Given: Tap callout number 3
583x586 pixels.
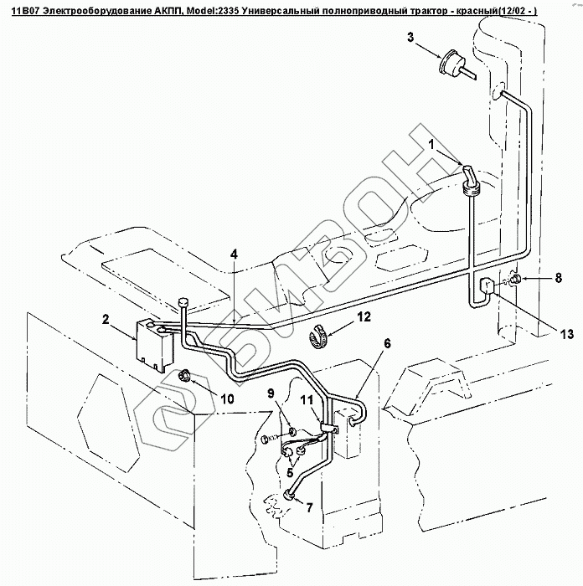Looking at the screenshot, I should (410, 38).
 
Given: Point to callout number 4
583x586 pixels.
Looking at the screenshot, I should (235, 253).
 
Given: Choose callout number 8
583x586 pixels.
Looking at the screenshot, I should (557, 276).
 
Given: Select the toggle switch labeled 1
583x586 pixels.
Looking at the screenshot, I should (471, 178).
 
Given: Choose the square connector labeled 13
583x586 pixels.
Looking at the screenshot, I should (486, 287).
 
